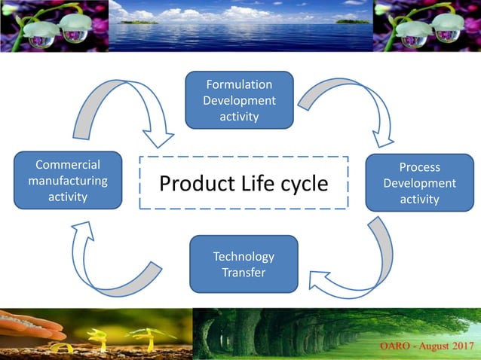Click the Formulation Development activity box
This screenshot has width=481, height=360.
click(x=239, y=99)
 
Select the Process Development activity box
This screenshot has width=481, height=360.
click(x=419, y=182)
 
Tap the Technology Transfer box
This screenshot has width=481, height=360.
click(x=244, y=264)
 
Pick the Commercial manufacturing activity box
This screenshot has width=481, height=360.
click(x=68, y=180)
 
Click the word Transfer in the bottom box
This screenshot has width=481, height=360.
click(x=244, y=272)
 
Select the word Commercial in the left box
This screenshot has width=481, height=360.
click(x=68, y=165)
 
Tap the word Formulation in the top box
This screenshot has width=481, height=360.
click(x=239, y=84)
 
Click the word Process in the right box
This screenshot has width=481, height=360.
click(x=419, y=167)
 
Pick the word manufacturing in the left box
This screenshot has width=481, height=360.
click(x=68, y=181)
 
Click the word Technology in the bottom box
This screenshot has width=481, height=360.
click(x=244, y=256)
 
